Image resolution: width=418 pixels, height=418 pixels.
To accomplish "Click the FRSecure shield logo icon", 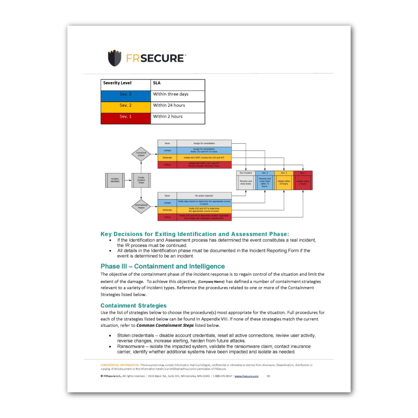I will pyautogui.click(x=114, y=58).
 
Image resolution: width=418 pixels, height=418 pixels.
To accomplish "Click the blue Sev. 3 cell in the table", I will pyautogui.click(x=125, y=94).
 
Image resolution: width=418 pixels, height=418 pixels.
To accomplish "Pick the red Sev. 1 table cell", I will pyautogui.click(x=125, y=117).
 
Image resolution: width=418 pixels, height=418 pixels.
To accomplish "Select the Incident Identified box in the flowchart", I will pyautogui.click(x=115, y=180).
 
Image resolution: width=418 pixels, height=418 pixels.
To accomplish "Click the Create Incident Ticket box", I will pyautogui.click(x=141, y=180).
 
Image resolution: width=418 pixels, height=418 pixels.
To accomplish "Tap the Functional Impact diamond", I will pyautogui.click(x=141, y=154).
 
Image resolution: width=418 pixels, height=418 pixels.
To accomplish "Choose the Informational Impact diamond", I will pyautogui.click(x=141, y=206).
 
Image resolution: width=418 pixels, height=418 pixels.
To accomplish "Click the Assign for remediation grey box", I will pyautogui.click(x=204, y=143).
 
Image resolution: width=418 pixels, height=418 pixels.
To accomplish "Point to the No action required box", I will pyautogui.click(x=204, y=196).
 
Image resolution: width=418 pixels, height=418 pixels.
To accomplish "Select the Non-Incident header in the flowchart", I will pyautogui.click(x=246, y=173).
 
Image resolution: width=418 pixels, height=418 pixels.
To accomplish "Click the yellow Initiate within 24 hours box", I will pyautogui.click(x=284, y=182).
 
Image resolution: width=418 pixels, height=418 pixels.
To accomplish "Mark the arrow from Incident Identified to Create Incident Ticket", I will pyautogui.click(x=128, y=180).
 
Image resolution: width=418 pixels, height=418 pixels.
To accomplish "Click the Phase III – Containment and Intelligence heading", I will pyautogui.click(x=162, y=266).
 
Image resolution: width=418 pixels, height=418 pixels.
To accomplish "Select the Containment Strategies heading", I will pyautogui.click(x=134, y=305).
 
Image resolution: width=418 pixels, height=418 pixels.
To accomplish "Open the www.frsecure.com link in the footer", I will pyautogui.click(x=246, y=376).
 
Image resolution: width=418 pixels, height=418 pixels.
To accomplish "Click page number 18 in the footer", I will pyautogui.click(x=268, y=376).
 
